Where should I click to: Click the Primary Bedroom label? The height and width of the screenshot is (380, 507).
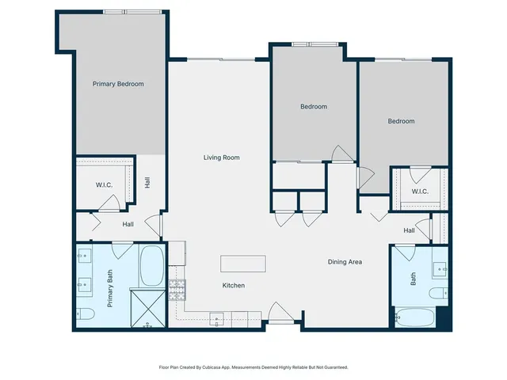(118, 84)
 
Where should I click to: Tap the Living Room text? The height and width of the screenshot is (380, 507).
(222, 158)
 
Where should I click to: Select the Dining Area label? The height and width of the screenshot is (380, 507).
(345, 261)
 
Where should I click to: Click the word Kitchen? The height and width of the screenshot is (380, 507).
(233, 285)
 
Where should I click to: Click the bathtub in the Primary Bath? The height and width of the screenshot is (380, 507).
(151, 266)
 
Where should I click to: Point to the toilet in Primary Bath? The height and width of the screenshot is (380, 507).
(87, 315)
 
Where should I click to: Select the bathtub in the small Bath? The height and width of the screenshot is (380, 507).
(414, 317)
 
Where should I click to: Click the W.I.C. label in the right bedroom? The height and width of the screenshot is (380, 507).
(420, 191)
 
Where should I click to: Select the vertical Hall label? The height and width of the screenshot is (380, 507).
(147, 183)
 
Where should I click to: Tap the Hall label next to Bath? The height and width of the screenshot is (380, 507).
(409, 230)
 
